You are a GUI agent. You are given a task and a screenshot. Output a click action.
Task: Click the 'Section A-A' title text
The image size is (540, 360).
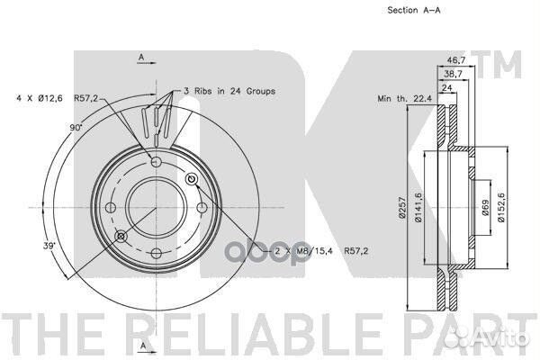(414, 10)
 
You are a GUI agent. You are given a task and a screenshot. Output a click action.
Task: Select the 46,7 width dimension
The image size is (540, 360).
(456, 60)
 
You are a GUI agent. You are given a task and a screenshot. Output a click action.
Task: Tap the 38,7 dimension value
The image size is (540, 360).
(453, 74)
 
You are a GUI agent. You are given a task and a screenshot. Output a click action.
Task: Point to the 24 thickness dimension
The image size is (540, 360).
(446, 88)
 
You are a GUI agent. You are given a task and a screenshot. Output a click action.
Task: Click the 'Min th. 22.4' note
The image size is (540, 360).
(405, 98)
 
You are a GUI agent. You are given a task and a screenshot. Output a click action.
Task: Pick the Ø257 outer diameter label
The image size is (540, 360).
(401, 207)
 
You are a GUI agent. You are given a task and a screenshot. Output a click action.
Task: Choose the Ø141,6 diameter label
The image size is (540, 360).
(418, 207)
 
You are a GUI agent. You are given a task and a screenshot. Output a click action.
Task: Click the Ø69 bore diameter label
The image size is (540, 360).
(486, 207)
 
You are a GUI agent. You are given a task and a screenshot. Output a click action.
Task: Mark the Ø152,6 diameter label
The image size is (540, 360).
(500, 207)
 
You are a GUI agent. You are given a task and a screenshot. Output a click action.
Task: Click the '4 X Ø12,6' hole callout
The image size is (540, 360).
(40, 98)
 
